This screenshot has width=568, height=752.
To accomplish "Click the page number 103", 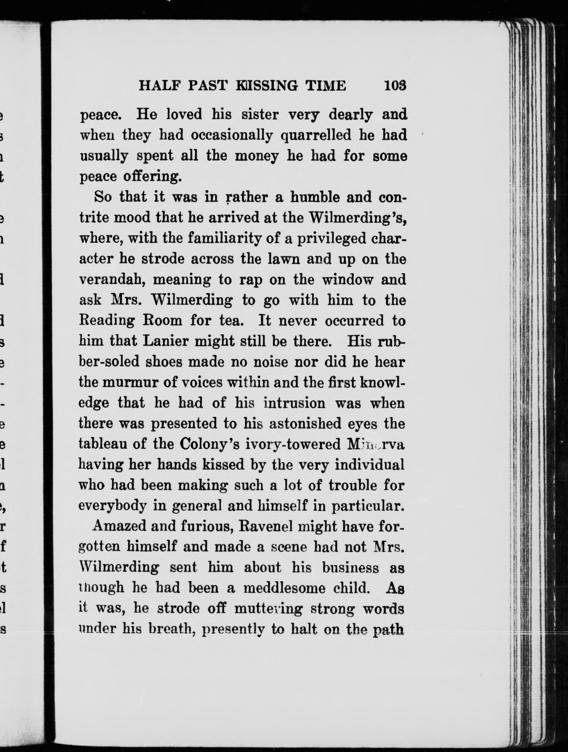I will (395, 85).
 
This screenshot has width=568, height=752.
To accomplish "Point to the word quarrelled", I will (316, 135).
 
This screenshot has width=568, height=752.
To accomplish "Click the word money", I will (257, 156).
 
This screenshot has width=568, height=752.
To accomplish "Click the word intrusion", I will (295, 403).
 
